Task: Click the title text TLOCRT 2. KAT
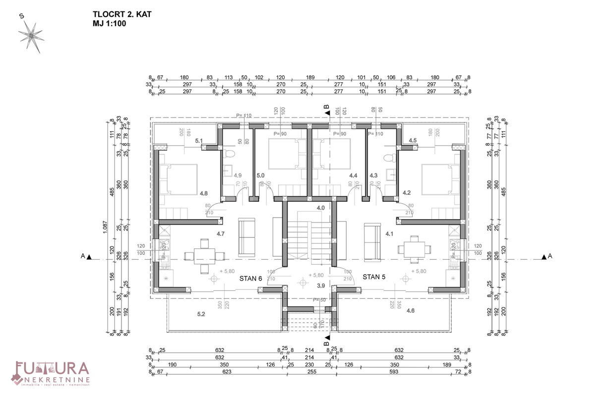point(121,14)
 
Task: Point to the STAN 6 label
point(250,278)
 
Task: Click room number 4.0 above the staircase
point(320,208)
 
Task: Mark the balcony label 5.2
point(201,314)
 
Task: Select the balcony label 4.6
point(411,310)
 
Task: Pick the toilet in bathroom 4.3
point(390,158)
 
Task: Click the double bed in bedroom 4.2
point(439,178)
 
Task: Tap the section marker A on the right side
point(547,256)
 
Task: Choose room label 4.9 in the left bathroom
point(238,175)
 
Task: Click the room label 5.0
point(261,175)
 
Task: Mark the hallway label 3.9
point(321,286)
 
